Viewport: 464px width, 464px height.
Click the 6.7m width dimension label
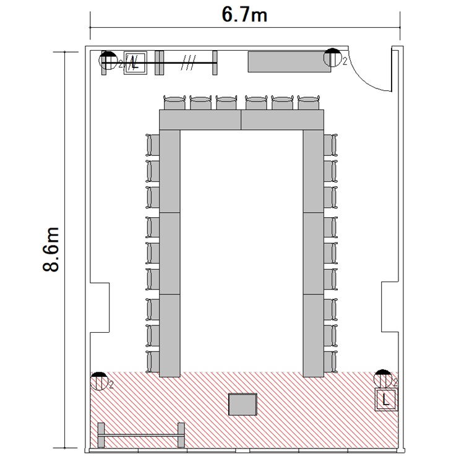244,15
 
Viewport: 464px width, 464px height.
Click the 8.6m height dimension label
51,249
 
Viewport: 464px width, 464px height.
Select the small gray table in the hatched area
243,404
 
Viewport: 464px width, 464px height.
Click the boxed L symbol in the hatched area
385,400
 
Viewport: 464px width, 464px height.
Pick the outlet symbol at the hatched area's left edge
99,381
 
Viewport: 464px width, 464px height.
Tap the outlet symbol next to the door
333,57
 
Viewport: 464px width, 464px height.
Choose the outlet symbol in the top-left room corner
108,61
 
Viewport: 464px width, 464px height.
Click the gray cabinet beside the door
290,62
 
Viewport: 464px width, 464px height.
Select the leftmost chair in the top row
174,102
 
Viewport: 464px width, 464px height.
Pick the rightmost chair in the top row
309,102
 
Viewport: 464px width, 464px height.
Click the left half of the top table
200,120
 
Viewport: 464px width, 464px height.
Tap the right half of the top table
283,120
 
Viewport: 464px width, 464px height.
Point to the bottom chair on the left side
153,362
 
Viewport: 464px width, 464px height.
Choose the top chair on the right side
330,145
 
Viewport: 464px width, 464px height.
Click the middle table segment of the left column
170,253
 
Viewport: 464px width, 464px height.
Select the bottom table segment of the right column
314,335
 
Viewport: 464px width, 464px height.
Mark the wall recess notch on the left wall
100,307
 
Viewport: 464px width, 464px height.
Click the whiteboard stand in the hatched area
141,435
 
